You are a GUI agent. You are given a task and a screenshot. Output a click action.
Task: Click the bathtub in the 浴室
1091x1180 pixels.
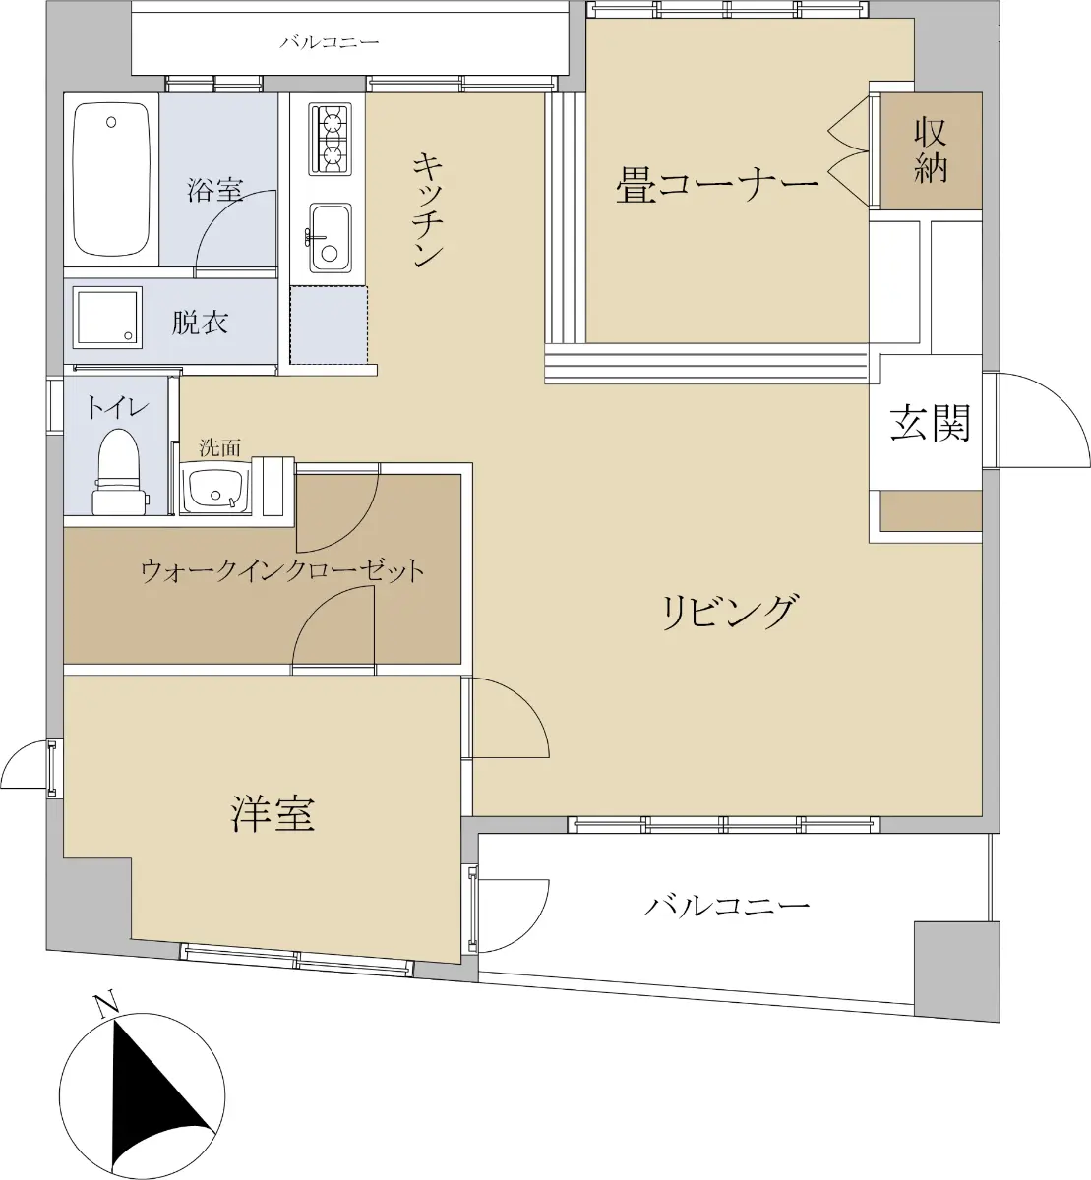coord(111,179)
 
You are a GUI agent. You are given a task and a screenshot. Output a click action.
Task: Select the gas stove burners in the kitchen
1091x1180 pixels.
coord(329,139)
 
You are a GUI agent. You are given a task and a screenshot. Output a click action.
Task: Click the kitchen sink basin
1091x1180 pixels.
coord(330,237)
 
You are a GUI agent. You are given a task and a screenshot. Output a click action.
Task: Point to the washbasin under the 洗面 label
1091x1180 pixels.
coord(216,488)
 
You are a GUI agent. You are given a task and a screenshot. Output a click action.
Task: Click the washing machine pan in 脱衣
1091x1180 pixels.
coord(107,318)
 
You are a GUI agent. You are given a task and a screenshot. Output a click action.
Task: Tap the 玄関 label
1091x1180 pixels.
coord(930,423)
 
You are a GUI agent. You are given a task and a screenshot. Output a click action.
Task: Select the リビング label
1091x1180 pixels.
coord(728,612)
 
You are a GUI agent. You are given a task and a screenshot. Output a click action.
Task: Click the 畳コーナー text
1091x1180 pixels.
coord(717,184)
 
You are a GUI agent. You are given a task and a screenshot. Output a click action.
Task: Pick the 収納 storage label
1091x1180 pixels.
coord(931,150)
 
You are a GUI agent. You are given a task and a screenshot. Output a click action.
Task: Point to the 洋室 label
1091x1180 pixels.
coord(273,814)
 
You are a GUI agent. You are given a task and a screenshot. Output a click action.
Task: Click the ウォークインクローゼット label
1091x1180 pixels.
coord(283,571)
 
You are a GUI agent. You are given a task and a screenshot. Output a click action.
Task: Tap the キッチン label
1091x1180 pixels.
coord(427,209)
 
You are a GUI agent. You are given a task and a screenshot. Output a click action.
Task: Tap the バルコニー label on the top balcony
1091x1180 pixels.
coord(330,42)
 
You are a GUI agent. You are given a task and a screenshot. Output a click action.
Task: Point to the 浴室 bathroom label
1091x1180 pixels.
coord(215,189)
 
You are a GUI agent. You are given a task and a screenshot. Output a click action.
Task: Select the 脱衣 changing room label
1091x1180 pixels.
coord(200,323)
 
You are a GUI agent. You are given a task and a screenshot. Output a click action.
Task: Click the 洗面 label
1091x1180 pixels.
coord(220,447)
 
